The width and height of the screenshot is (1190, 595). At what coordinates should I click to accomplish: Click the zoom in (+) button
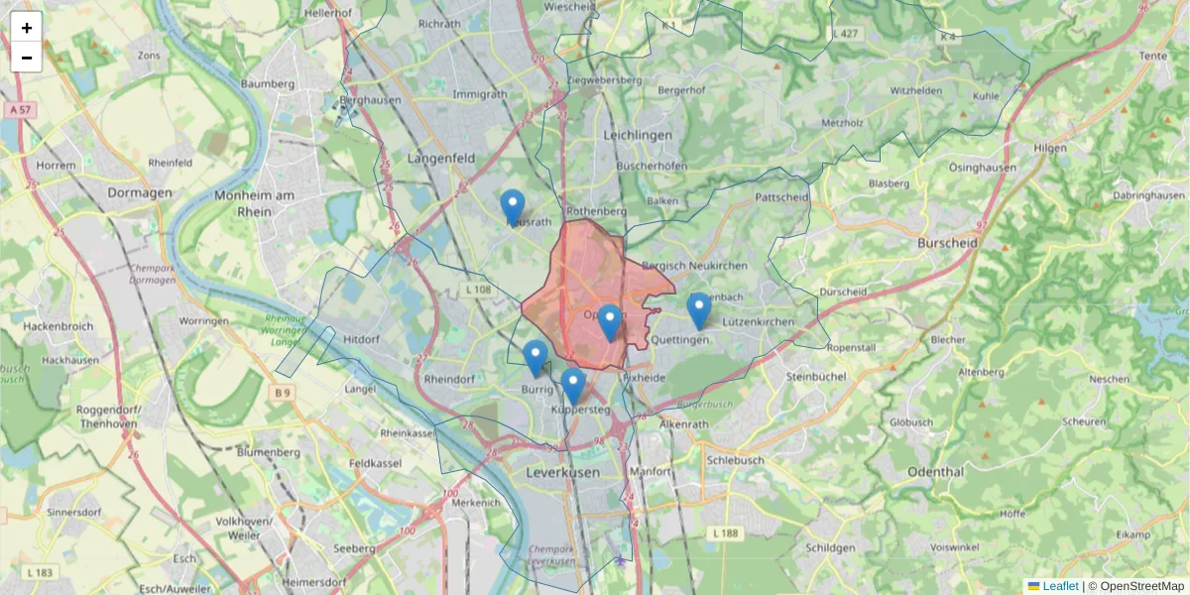click(27, 28)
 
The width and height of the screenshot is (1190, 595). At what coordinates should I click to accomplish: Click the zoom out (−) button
click(27, 58)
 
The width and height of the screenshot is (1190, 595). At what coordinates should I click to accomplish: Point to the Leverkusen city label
click(563, 474)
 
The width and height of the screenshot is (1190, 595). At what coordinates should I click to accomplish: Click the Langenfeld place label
click(441, 158)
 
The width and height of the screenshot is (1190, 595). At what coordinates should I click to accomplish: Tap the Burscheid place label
click(948, 243)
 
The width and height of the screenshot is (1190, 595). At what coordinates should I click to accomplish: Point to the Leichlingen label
click(638, 134)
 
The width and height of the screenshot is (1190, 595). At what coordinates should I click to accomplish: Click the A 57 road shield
click(19, 109)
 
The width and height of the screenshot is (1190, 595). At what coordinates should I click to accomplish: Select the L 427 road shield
click(846, 34)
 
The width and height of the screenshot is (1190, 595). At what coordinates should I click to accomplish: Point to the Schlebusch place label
click(736, 461)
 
